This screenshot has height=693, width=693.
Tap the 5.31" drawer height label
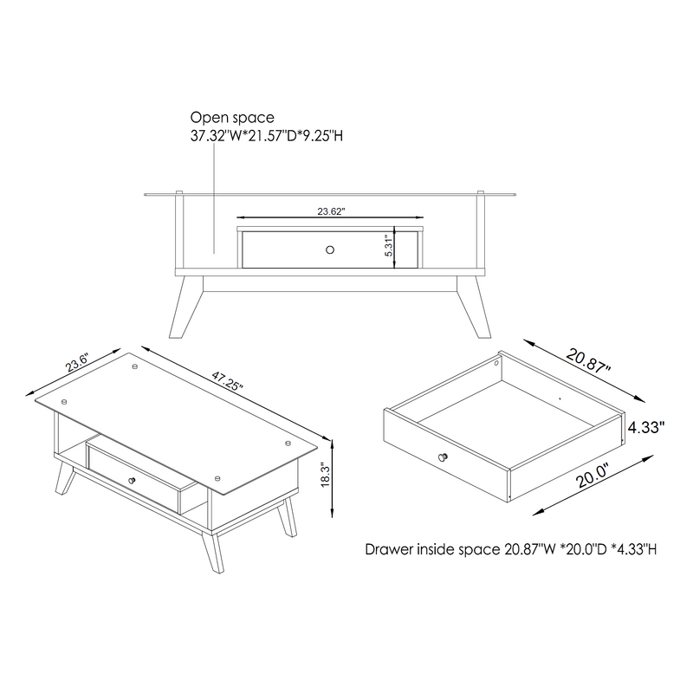pyautogui.click(x=390, y=245)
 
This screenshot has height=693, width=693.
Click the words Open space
pyautogui.click(x=232, y=117)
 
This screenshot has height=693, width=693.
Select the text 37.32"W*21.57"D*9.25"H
pyautogui.click(x=269, y=136)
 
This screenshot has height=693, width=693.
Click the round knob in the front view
pyautogui.click(x=329, y=249)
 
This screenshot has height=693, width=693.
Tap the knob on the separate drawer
pyautogui.click(x=444, y=457)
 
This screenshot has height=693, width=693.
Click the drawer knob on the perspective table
pyautogui.click(x=133, y=480)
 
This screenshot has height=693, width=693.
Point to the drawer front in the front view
pyautogui.click(x=286, y=249)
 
